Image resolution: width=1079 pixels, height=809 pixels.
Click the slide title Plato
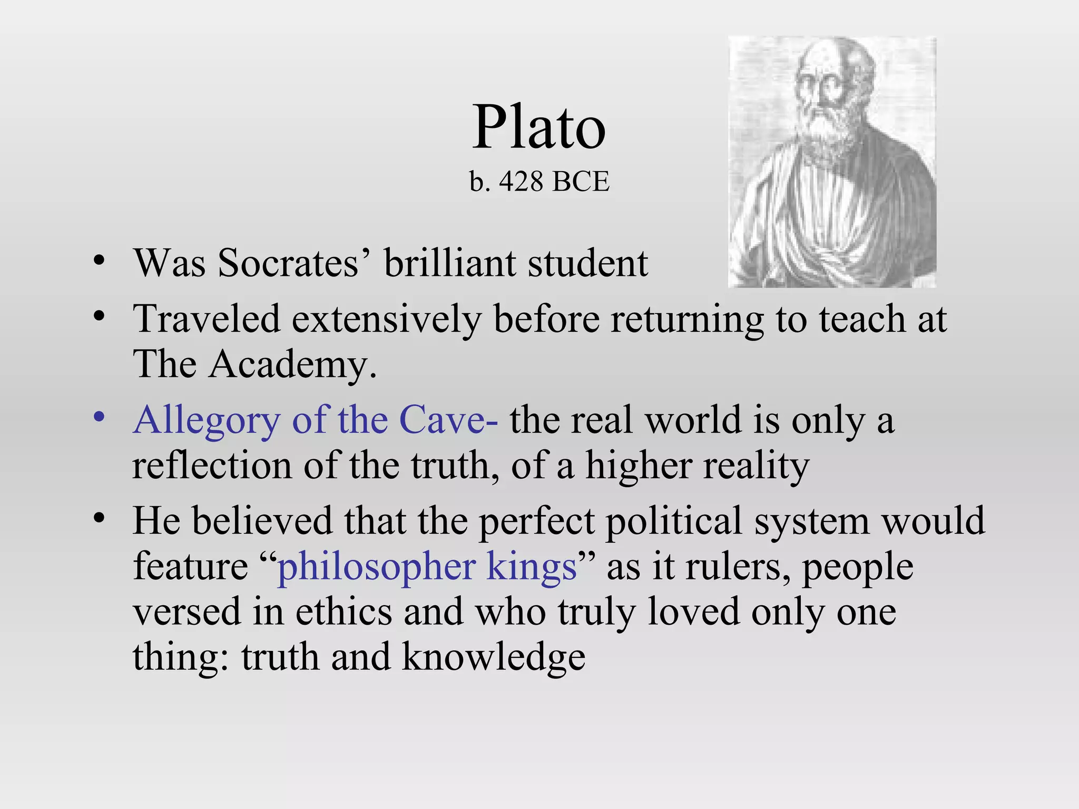coord(538,127)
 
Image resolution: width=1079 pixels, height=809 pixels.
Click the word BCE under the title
coord(581,182)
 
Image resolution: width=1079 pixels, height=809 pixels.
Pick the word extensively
coord(386,320)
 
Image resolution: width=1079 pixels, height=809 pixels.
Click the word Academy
coord(292,364)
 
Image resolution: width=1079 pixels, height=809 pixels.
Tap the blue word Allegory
coord(207,421)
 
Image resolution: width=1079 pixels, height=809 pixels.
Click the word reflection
coord(212,466)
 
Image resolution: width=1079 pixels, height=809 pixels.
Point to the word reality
coord(756,467)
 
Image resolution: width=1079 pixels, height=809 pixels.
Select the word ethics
coord(344,612)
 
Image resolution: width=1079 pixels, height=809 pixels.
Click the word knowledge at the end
coord(493,657)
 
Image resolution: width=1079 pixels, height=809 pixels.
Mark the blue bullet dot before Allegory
coord(99,417)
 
